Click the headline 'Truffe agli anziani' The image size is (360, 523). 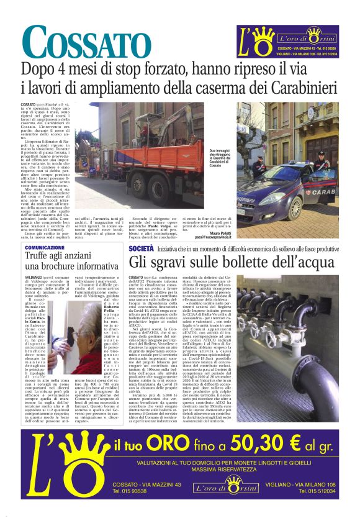[61, 256]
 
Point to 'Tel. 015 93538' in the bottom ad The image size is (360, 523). [130, 491]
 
